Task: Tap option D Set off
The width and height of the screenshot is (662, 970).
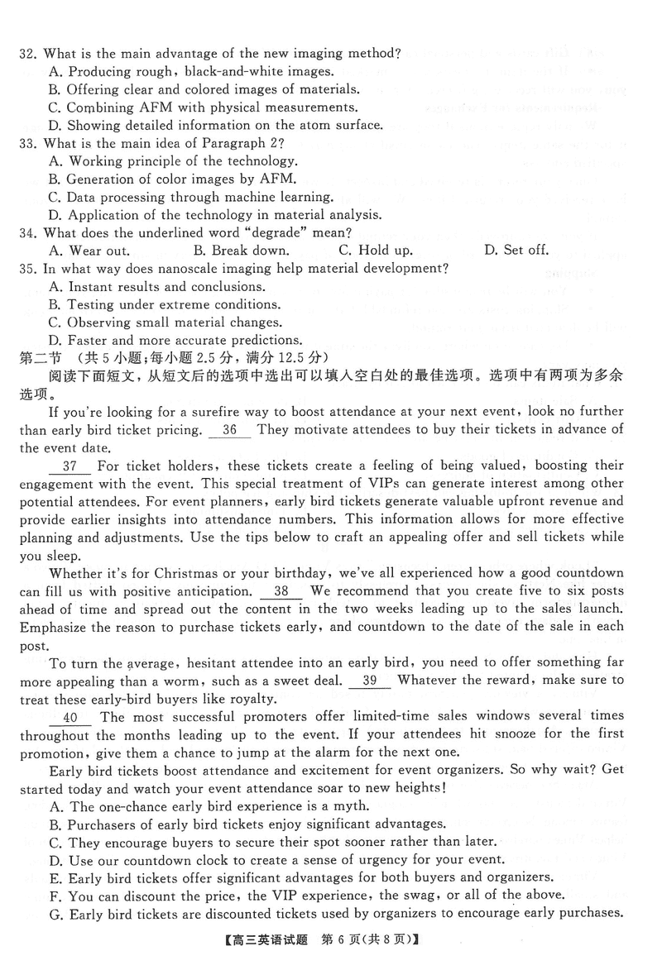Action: coord(516,251)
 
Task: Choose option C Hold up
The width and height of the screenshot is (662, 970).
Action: coord(376,251)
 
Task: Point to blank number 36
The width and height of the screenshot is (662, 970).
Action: coord(230,430)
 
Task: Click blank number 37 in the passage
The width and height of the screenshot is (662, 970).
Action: coord(70,466)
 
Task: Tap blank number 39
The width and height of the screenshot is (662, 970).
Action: coord(370,681)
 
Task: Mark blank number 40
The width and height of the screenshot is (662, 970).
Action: coord(70,717)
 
